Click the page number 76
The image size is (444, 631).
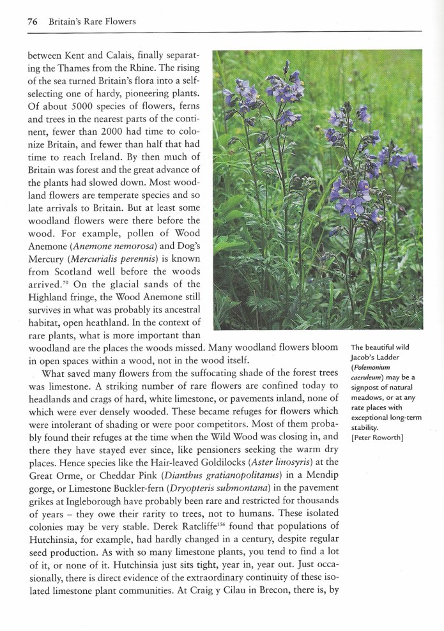[33, 22]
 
